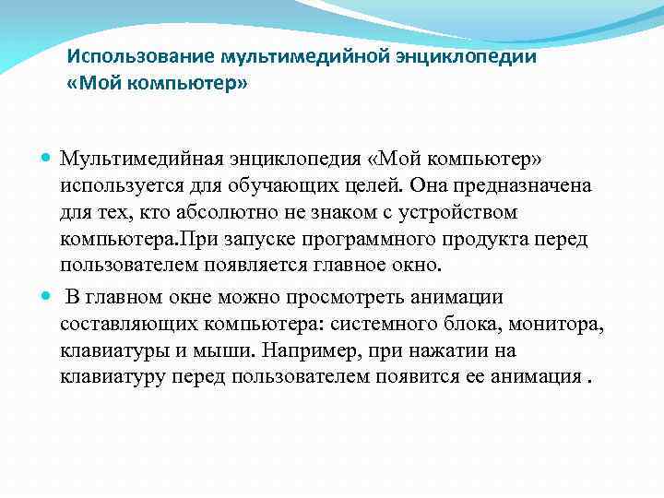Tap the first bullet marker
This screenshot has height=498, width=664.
click(x=47, y=160)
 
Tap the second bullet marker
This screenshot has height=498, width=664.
click(x=47, y=298)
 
